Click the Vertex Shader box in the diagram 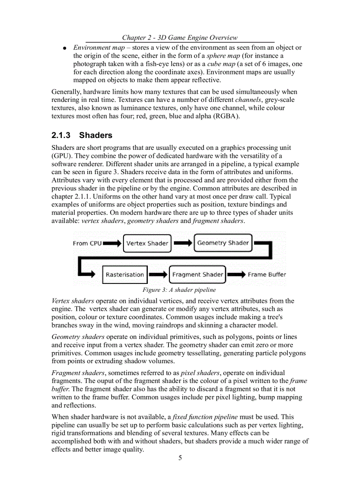(147, 243)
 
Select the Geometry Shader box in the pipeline (223, 243)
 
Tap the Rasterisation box (125, 275)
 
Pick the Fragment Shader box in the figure (198, 275)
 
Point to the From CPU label (87, 243)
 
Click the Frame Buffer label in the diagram (266, 275)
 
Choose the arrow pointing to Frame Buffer (236, 275)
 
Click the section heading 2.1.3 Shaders (82, 135)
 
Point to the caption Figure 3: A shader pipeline (179, 290)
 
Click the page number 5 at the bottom (180, 458)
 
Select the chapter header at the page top (180, 38)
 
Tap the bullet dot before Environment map (64, 48)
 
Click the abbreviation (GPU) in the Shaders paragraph (61, 156)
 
